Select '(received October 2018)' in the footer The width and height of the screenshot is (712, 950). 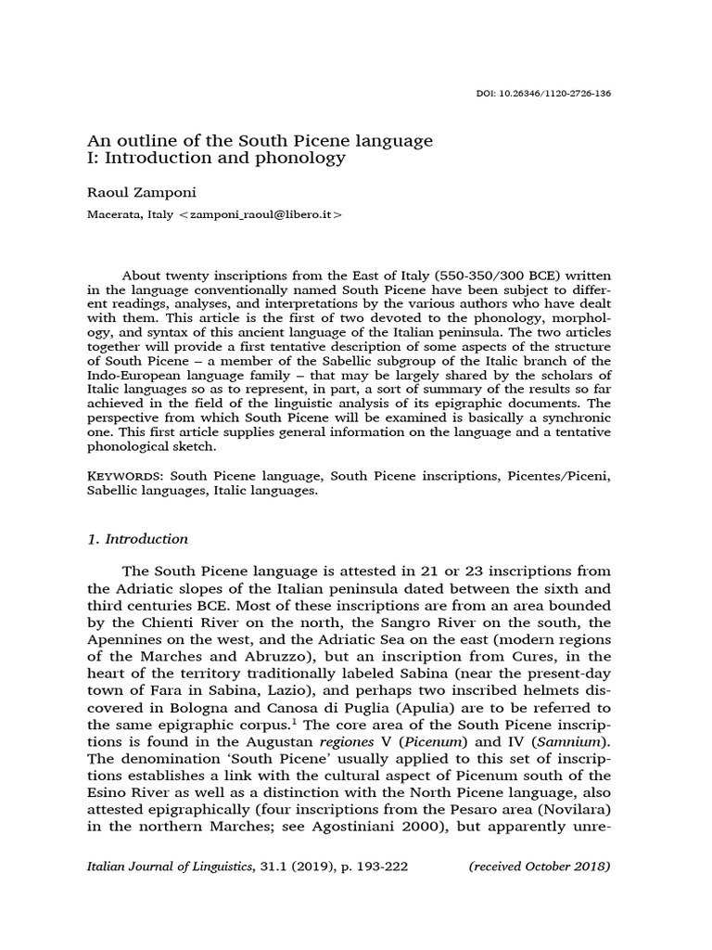tap(539, 867)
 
